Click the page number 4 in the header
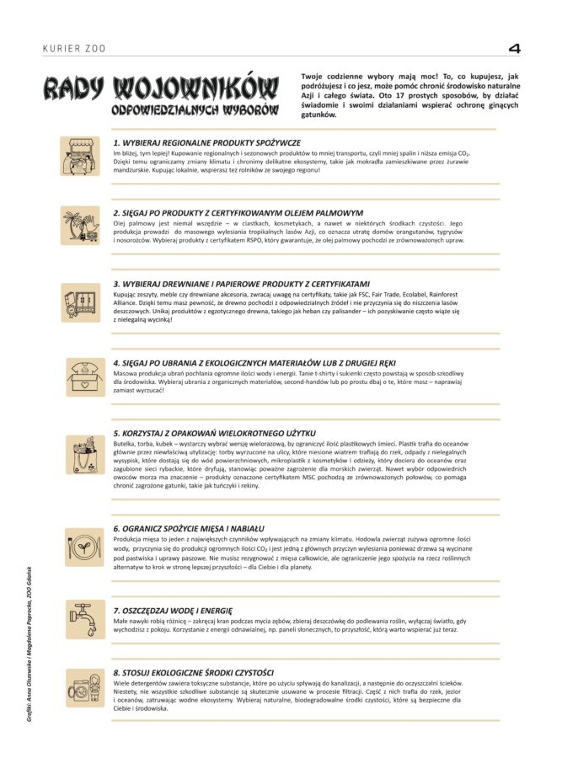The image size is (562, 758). pos(514,49)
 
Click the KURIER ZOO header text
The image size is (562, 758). pos(74,50)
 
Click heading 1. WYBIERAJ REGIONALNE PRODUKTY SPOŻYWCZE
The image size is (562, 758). pos(206,143)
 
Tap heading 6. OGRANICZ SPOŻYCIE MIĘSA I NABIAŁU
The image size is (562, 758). pos(189,527)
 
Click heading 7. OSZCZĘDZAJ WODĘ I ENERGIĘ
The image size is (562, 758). pos(173,609)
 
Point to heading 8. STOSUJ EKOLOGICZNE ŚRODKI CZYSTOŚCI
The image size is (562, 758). pos(193,672)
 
